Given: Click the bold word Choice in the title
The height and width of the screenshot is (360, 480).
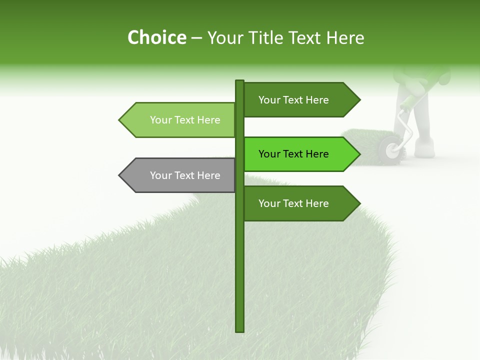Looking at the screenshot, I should tap(156, 38).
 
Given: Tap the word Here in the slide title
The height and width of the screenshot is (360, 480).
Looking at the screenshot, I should tap(345, 38).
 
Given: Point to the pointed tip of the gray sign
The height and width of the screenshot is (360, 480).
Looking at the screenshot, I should tap(120, 175).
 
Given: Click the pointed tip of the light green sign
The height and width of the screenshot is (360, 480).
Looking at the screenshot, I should tap(120, 120).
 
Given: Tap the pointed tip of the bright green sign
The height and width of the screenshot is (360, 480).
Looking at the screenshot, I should tap(358, 154).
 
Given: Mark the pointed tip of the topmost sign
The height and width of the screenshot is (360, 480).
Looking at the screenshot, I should tap(358, 100).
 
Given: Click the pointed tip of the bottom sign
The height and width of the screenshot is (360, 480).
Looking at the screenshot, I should tap(358, 203).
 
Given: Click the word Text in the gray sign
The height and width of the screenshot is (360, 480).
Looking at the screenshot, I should tap(185, 175).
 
